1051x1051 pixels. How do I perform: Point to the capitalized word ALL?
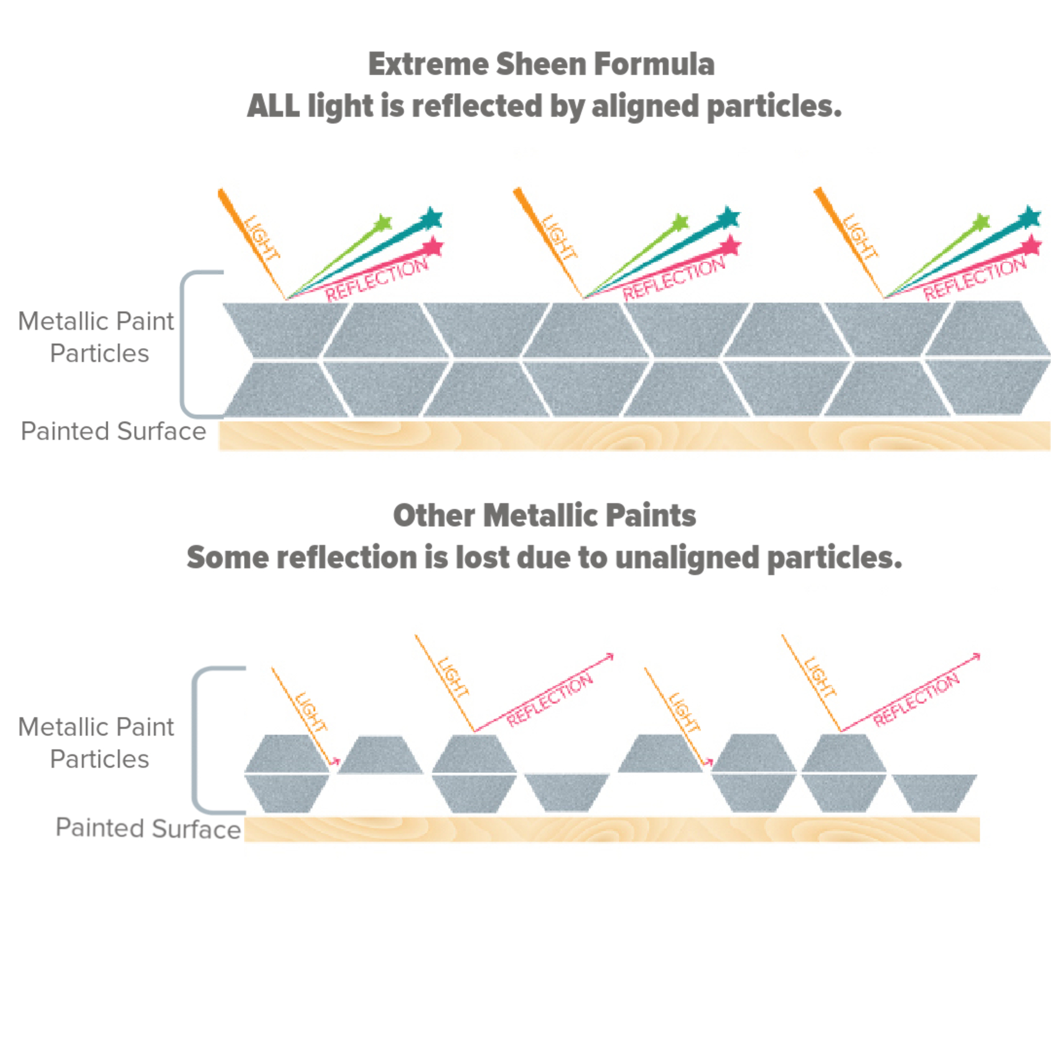(273, 106)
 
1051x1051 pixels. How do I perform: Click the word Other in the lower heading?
(434, 516)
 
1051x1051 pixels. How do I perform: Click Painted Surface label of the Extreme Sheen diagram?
(113, 431)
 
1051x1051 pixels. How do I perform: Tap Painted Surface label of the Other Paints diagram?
(148, 828)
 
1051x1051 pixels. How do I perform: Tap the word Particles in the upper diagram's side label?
(99, 354)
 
